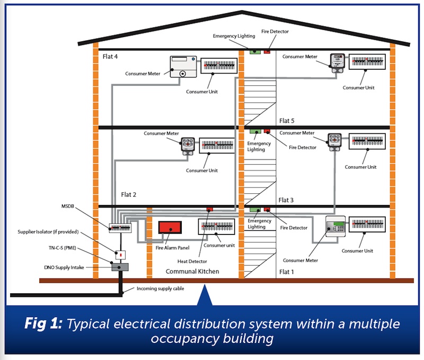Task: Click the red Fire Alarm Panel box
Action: tap(170, 228)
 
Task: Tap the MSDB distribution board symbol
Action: tap(120, 228)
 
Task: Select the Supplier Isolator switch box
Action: tap(121, 255)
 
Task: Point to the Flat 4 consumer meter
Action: tap(183, 67)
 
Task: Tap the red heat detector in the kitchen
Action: tap(209, 210)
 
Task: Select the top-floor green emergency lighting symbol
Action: tap(254, 51)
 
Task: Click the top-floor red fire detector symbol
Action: tap(267, 51)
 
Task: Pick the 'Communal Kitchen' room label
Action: tap(192, 272)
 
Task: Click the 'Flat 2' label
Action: tap(129, 194)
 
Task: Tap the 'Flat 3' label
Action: tap(287, 200)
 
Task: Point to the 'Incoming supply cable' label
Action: tap(161, 289)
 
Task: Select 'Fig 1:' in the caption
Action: tap(44, 324)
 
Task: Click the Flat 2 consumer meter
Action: tap(188, 145)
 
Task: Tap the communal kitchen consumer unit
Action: tap(216, 227)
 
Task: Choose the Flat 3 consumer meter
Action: tap(334, 141)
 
